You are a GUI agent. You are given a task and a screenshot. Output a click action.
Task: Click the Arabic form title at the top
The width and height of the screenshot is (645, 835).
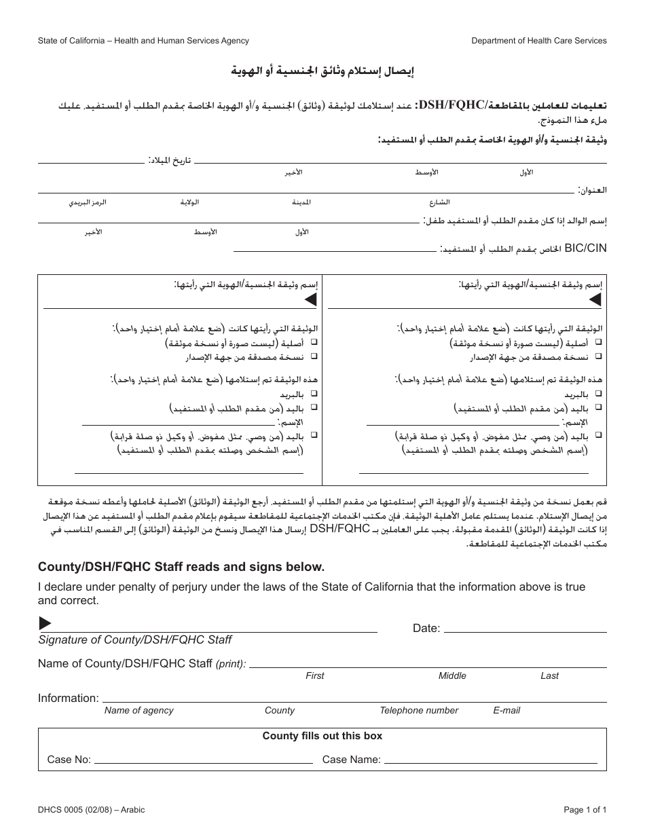coord(322,71)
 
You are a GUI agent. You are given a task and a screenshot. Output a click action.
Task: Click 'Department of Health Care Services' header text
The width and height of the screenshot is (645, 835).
coord(539,41)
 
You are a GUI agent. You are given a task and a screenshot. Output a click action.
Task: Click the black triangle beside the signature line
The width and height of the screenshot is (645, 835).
coord(45,623)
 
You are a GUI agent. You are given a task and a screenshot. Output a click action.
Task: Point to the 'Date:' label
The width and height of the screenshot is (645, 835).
coord(426,629)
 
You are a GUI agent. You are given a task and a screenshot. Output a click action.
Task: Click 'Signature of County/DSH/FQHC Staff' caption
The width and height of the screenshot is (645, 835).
coord(135,639)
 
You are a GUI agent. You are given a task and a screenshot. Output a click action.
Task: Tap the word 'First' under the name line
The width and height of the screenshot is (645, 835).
coord(315,675)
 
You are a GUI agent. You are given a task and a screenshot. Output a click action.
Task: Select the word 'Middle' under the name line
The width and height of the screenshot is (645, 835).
coord(452,675)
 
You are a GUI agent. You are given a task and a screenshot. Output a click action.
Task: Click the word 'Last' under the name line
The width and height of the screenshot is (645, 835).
coord(549,675)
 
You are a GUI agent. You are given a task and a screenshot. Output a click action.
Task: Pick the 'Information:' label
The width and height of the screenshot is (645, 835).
coord(69,698)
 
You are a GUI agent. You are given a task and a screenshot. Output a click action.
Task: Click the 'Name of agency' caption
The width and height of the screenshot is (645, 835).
coord(139,710)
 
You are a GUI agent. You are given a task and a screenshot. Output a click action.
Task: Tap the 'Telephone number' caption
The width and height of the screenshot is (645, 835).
coord(419,710)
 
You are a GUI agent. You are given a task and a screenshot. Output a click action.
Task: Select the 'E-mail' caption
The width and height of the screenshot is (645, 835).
coord(506,710)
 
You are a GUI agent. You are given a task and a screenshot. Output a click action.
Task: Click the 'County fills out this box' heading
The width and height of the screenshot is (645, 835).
coord(322,736)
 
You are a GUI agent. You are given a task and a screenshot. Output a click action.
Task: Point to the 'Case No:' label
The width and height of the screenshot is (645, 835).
coord(69,760)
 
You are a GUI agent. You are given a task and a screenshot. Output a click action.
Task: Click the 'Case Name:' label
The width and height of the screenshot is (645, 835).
coord(352,760)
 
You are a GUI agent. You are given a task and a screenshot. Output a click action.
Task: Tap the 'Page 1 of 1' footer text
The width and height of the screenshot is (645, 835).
coord(585,809)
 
